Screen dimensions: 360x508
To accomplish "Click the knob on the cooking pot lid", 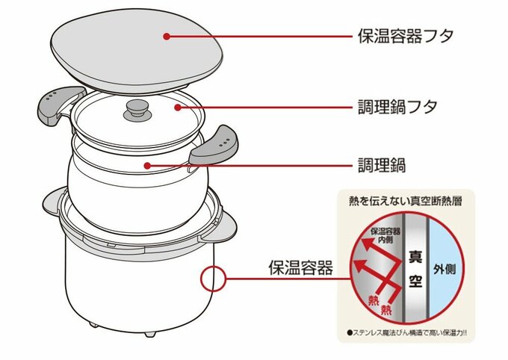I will pyautogui.click(x=137, y=110).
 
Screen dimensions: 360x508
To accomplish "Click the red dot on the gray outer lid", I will pyautogui.click(x=166, y=35).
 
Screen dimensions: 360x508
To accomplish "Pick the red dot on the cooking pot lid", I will pyautogui.click(x=177, y=108).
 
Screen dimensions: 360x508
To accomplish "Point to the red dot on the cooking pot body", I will pyautogui.click(x=149, y=164).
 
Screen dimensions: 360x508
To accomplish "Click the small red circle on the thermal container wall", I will pyautogui.click(x=212, y=279).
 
